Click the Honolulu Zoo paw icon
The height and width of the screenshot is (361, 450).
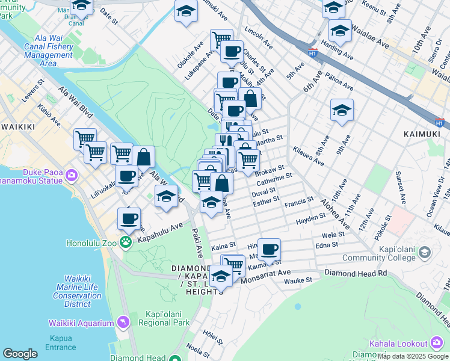click(126, 242)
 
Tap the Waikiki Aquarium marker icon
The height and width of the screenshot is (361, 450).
click(124, 322)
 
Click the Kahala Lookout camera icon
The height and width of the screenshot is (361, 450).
click(437, 343)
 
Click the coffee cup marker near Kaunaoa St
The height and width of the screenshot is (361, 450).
click(270, 248)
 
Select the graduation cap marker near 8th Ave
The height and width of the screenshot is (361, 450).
click(342, 110)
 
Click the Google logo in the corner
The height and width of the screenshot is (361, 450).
click(20, 354)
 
